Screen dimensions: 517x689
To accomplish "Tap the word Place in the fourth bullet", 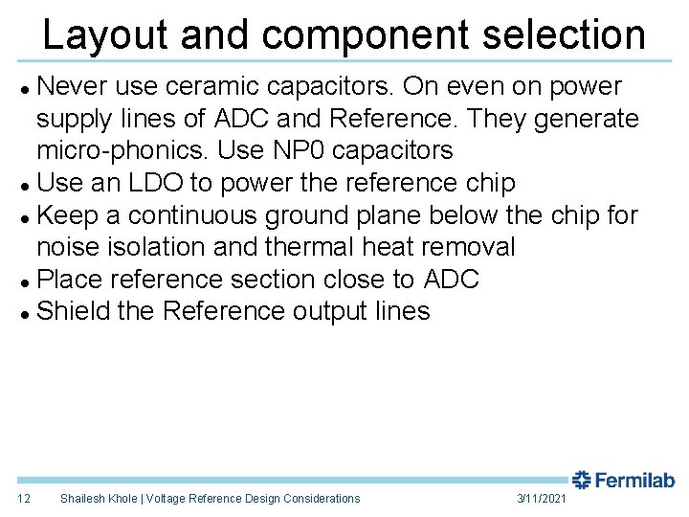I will [69, 280].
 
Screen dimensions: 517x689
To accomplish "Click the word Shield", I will [72, 311].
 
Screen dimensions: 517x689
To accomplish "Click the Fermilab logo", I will [624, 479].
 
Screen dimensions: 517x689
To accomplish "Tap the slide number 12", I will [25, 498].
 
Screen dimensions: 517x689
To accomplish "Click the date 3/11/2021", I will [542, 498].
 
